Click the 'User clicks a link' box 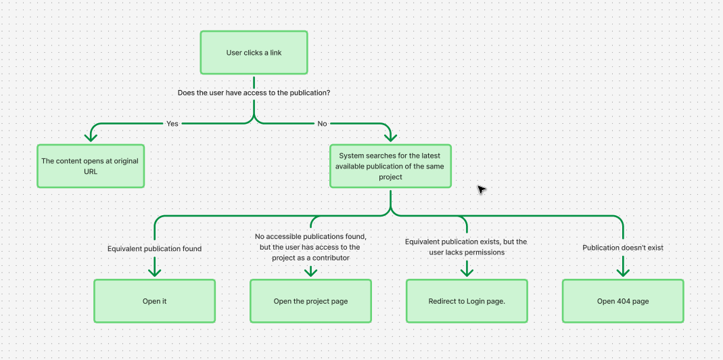pos(254,53)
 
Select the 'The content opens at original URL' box pos(91,166)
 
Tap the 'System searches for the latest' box pos(390,166)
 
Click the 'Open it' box pos(154,301)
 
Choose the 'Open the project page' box pos(310,301)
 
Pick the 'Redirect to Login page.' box pos(467,301)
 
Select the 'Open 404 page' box pos(623,301)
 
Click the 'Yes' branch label pos(172,124)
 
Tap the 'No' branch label pos(322,124)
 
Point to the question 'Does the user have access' pos(254,92)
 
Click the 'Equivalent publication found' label pos(154,248)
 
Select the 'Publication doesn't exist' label pos(623,248)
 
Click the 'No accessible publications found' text pos(310,237)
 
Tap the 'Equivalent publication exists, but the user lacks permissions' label pos(466,246)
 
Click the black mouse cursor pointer pos(481,189)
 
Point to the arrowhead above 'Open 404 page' pos(623,271)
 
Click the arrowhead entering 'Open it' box pos(154,271)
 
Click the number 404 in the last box pos(623,301)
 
